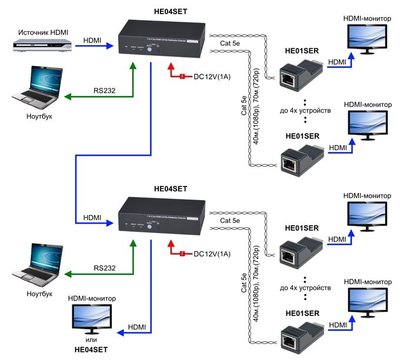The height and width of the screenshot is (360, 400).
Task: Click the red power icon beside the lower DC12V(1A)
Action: point(182,253)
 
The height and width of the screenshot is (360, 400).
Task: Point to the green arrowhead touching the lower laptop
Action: point(67,274)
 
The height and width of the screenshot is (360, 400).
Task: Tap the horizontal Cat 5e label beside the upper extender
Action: point(231,43)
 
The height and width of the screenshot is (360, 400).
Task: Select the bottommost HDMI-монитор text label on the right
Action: point(367,282)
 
